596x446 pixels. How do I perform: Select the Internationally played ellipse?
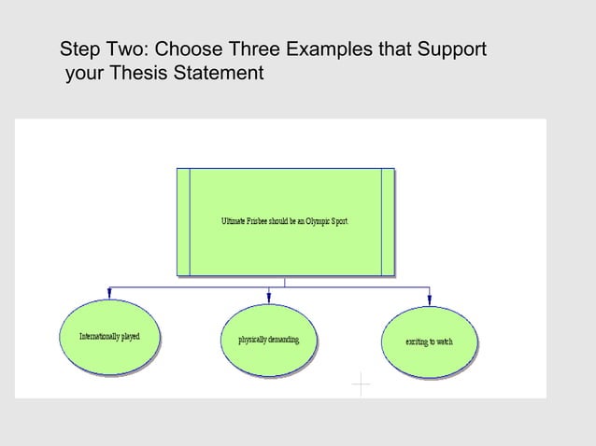[109, 337]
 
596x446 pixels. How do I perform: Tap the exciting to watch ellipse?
[429, 341]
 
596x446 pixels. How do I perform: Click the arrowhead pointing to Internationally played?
[109, 293]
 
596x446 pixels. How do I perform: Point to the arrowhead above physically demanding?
[269, 296]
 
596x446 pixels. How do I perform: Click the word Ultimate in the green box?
[233, 221]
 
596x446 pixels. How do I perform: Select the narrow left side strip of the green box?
[183, 222]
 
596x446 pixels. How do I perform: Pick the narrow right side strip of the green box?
[388, 222]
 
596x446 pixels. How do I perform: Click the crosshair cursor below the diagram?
[361, 384]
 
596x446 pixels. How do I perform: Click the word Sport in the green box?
[339, 221]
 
